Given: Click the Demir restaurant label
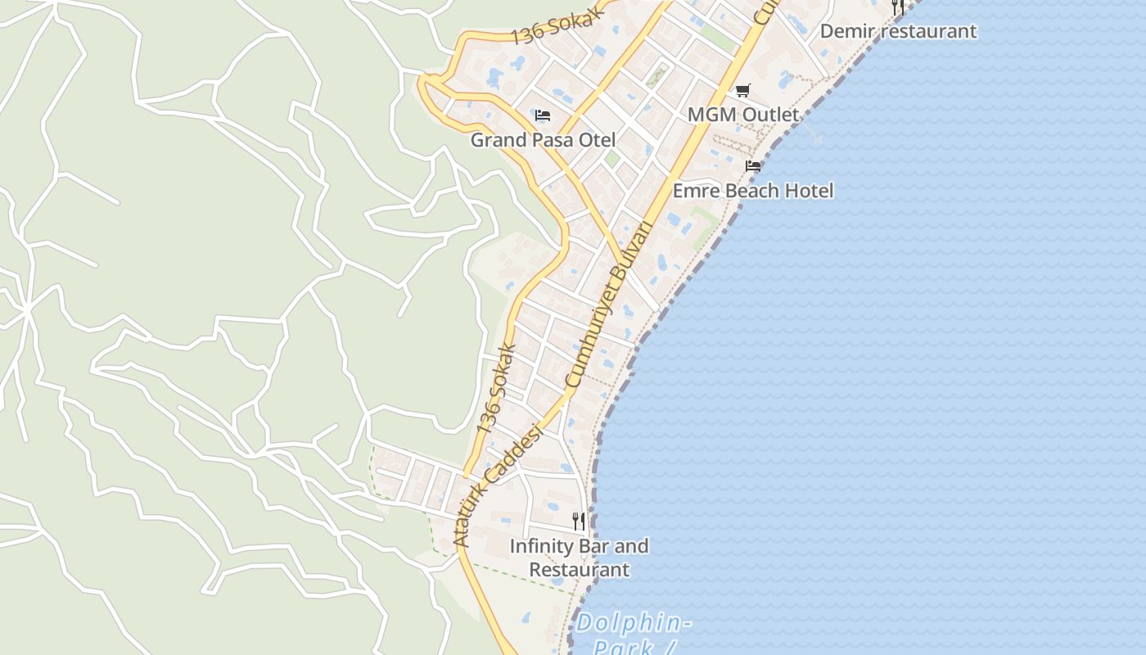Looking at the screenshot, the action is [x=898, y=31].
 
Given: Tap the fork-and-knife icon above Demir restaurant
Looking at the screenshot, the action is [x=898, y=7].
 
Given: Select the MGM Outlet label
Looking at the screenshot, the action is [x=742, y=115].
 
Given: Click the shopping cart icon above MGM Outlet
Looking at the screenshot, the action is [x=742, y=90].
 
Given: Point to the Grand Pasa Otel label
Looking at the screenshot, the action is [x=543, y=140].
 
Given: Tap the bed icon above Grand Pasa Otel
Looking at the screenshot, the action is [x=543, y=115].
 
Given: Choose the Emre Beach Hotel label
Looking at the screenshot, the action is [x=753, y=191].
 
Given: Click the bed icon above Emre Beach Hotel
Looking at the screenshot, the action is [x=753, y=166].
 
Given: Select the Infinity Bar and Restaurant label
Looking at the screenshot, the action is [x=580, y=558].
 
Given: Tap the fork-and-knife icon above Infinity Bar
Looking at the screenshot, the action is [x=579, y=521].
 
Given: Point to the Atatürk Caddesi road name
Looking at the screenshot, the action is [x=498, y=486].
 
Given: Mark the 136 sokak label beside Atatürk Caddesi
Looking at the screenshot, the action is [x=496, y=389].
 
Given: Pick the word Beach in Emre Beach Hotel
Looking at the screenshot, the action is [x=753, y=191].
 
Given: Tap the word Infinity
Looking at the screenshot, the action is [x=540, y=546].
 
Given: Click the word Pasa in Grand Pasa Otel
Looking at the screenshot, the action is [x=553, y=140].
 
